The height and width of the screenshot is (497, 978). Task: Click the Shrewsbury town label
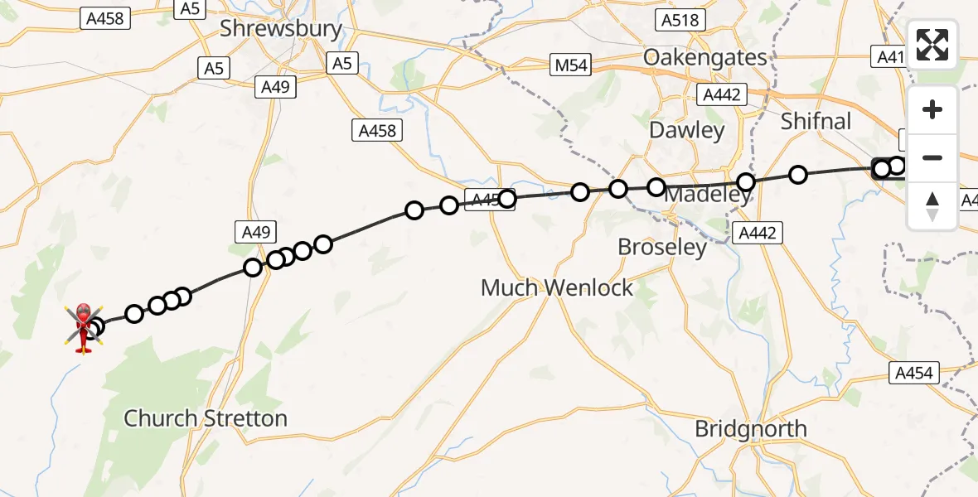[x=280, y=29]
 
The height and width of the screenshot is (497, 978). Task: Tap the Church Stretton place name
[x=205, y=418]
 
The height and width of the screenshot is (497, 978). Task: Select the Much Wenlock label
[x=557, y=288]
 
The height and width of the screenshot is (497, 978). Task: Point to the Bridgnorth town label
[x=750, y=429]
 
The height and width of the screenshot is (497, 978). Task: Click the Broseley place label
[x=662, y=247]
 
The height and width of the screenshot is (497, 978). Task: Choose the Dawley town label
[x=686, y=130]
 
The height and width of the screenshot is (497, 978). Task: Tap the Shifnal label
[x=816, y=121]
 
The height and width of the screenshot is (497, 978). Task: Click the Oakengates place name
[x=705, y=58]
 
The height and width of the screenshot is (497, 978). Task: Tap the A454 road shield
[x=916, y=374]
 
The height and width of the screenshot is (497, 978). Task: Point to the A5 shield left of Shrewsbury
[x=214, y=69]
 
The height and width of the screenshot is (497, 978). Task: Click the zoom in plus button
[x=932, y=110]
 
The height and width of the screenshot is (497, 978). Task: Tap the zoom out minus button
[x=932, y=157]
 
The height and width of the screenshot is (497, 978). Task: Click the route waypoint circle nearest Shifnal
[x=798, y=175]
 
